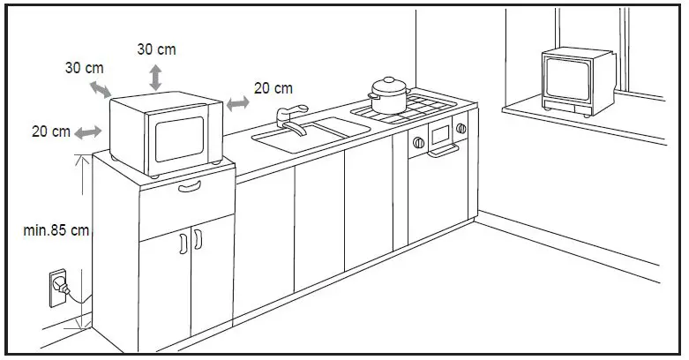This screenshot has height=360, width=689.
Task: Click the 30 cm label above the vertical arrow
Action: pos(155,49)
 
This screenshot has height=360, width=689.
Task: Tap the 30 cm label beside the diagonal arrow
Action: pos(84,68)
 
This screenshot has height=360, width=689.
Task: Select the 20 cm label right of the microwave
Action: pos(273,88)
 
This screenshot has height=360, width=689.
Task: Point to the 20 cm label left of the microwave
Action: pos(51,131)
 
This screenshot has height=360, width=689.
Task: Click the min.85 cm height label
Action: pos(56,230)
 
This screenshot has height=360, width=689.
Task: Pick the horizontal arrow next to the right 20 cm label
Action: pos(237,103)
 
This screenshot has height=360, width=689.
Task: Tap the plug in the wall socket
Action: pos(61,284)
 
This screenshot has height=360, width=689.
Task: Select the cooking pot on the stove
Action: pos(387,95)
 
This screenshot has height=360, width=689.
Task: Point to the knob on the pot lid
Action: pos(387,79)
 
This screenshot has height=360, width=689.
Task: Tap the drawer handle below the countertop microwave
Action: pos(190,187)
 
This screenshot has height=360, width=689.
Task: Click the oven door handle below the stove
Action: pos(444,152)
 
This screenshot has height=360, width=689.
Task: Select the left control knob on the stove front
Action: pos(417,140)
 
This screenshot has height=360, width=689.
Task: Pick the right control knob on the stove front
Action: pos(460,130)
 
